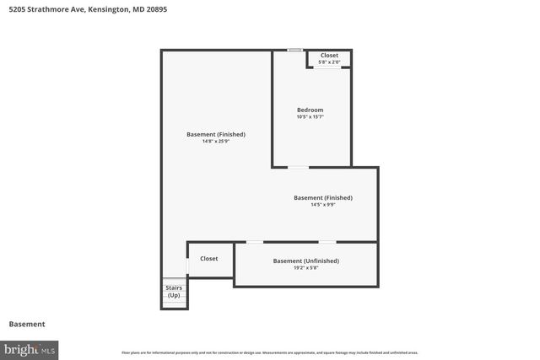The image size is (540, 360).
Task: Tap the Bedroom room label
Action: [x=310, y=110]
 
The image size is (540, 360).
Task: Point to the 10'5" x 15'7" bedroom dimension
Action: [x=310, y=116]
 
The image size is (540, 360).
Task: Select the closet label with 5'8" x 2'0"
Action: [x=329, y=56]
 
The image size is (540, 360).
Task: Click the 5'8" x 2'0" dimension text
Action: [x=329, y=62]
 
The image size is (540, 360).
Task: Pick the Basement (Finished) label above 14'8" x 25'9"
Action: [x=216, y=134]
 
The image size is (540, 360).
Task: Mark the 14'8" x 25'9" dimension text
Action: [x=216, y=141]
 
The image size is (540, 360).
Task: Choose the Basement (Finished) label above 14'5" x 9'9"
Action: [x=323, y=197]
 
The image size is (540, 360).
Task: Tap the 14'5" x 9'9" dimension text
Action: [x=323, y=204]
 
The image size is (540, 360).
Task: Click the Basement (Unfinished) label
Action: [x=305, y=261]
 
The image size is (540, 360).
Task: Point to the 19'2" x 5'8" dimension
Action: [x=305, y=267]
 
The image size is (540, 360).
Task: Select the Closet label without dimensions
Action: [x=208, y=259]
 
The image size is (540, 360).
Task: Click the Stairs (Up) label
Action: [x=174, y=292]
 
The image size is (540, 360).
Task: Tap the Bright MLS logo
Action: [x=30, y=349]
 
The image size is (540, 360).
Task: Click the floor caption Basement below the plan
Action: [x=26, y=324]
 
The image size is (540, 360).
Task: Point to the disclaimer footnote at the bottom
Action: [x=269, y=352]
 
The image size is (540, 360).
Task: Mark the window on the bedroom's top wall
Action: [x=294, y=51]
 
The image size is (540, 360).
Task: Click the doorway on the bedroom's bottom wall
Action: [x=298, y=167]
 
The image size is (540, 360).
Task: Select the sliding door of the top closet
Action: [x=327, y=67]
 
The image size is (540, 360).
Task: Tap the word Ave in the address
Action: [x=77, y=10]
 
